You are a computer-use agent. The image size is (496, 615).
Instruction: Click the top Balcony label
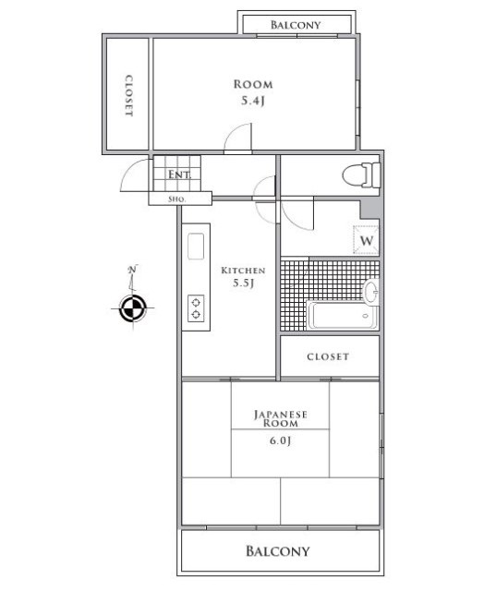pyautogui.click(x=296, y=25)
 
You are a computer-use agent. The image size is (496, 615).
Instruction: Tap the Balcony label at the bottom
pyautogui.click(x=277, y=552)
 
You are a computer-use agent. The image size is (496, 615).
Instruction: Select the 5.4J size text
pyautogui.click(x=253, y=101)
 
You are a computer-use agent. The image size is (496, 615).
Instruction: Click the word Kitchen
pyautogui.click(x=243, y=271)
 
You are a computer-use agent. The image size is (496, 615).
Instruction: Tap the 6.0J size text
pyautogui.click(x=279, y=441)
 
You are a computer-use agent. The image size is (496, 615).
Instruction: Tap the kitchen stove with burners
pyautogui.click(x=197, y=307)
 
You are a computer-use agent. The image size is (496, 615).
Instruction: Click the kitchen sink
pyautogui.click(x=196, y=247)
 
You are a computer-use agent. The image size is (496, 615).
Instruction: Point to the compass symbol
pyautogui.click(x=133, y=308)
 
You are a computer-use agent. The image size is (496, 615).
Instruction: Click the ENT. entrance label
pyautogui.click(x=178, y=175)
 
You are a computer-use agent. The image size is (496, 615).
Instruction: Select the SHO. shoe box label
pyautogui.click(x=177, y=199)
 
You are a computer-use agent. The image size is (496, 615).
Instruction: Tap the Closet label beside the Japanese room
pyautogui.click(x=328, y=356)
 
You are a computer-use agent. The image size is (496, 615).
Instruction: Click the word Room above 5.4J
pyautogui.click(x=253, y=85)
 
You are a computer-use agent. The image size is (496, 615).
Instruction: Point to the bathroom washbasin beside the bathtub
pyautogui.click(x=371, y=293)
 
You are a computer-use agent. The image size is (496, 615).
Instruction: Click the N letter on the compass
pyautogui.click(x=133, y=270)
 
